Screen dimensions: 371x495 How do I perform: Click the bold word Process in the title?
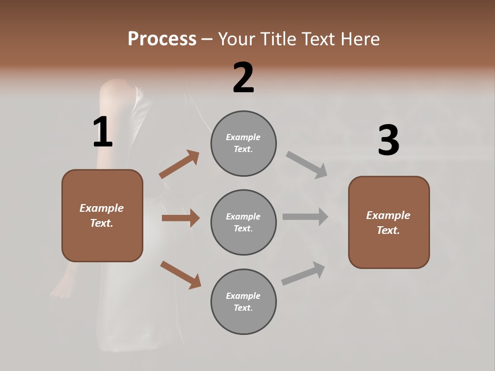tap(162, 39)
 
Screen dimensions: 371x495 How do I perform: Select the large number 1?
tap(103, 132)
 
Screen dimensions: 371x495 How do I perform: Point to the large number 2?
tap(243, 78)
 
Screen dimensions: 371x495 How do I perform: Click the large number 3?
tap(388, 141)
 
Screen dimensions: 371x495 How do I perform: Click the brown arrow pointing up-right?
tap(179, 164)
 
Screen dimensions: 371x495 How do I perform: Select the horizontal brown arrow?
tap(180, 218)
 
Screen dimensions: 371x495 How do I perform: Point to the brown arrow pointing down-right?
tap(180, 274)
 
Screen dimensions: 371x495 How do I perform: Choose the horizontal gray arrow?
tap(305, 216)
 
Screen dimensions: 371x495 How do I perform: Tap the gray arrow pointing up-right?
tap(303, 273)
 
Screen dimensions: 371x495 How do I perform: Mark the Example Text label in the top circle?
tap(243, 143)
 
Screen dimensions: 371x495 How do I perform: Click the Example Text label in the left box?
tap(102, 215)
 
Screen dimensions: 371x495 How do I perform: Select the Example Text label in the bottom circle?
tap(243, 302)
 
